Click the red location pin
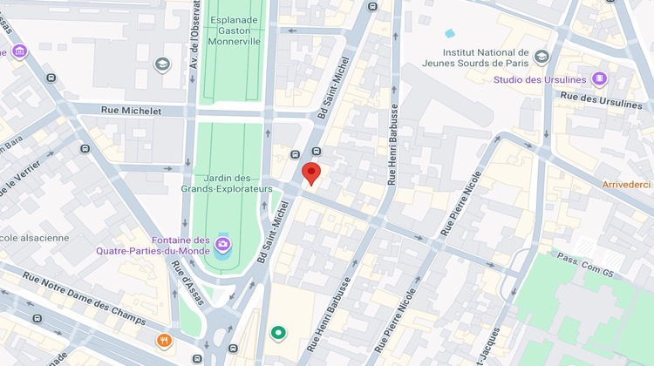coord(311,173)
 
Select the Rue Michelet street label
coord(132,111)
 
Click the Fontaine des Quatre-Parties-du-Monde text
coord(153,246)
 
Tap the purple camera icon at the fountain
coord(224,244)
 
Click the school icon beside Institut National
coord(542,58)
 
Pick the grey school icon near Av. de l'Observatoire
coord(162,64)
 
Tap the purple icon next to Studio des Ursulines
coord(599,79)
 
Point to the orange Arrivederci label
coord(627,185)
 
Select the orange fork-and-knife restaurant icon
coord(163,341)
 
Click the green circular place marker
coord(278,332)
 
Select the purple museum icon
coord(19,52)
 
